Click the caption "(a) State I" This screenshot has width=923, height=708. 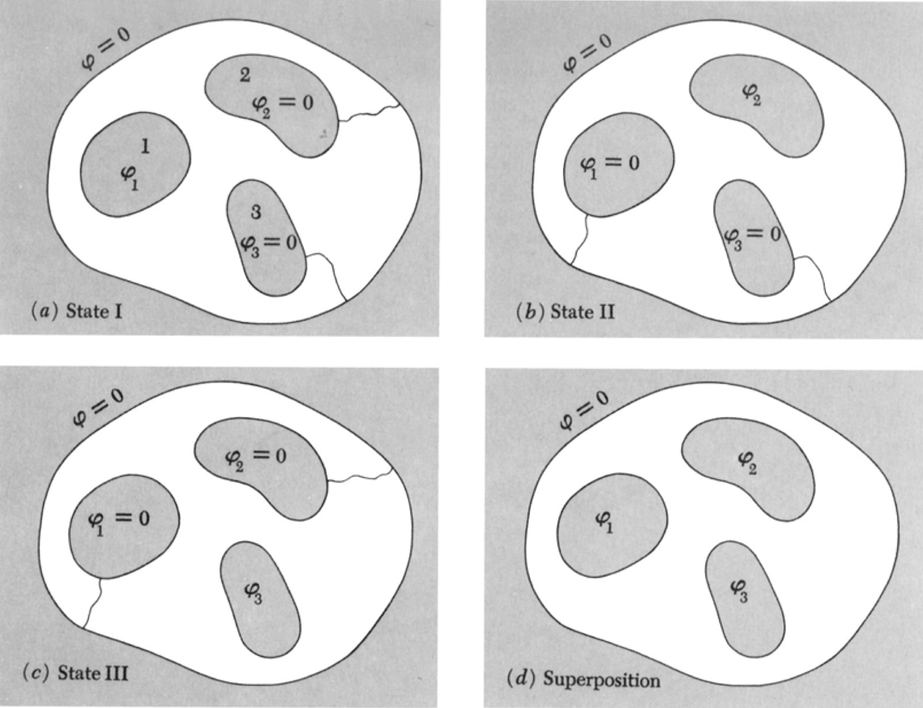click(76, 311)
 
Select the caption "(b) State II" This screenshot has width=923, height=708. click(565, 312)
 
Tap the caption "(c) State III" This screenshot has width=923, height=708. click(75, 673)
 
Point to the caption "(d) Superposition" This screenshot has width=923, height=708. click(583, 680)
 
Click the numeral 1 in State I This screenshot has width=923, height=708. click(145, 146)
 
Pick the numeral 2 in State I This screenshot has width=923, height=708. click(245, 75)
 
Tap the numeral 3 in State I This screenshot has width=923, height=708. click(256, 212)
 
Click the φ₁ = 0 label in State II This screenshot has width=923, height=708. click(609, 165)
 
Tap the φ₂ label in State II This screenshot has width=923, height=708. click(752, 94)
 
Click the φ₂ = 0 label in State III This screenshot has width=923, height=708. click(256, 458)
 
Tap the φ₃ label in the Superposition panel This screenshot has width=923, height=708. click(739, 591)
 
